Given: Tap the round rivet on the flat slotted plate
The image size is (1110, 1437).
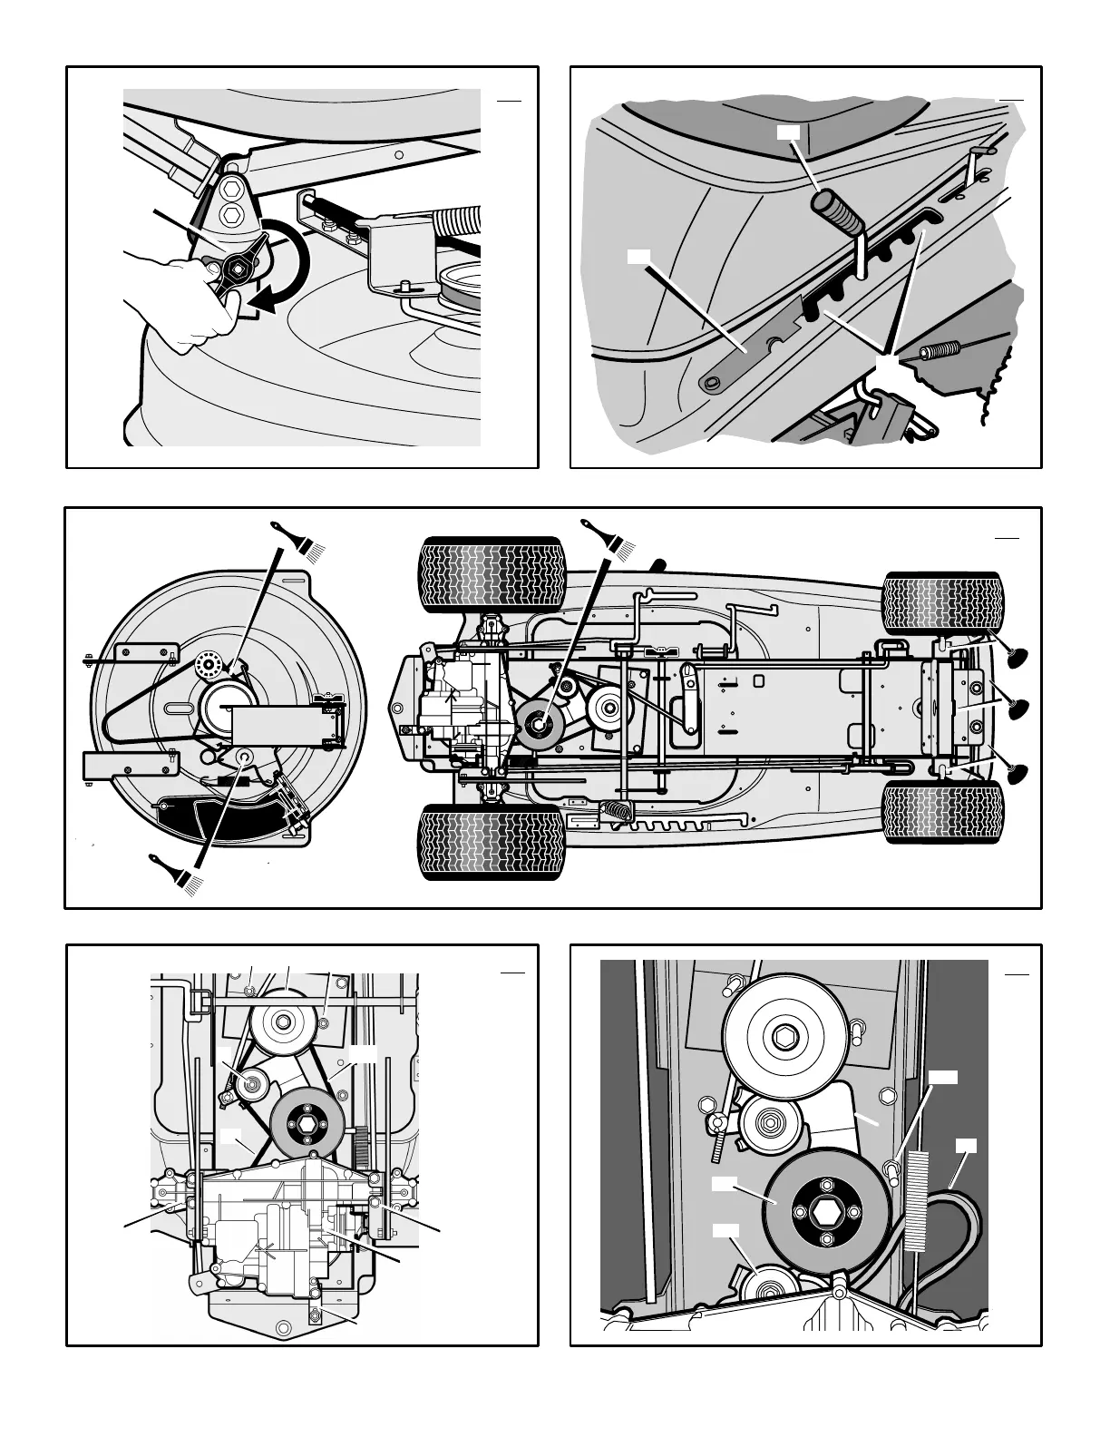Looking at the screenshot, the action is click(x=715, y=385).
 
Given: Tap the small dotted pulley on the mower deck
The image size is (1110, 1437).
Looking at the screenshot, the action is click(x=209, y=665).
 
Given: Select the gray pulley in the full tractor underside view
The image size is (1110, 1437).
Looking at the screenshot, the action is click(x=539, y=724).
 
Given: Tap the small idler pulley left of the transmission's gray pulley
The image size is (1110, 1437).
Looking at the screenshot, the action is click(x=247, y=1081).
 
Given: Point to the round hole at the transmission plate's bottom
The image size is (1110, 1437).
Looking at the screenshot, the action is click(x=314, y=1313).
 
